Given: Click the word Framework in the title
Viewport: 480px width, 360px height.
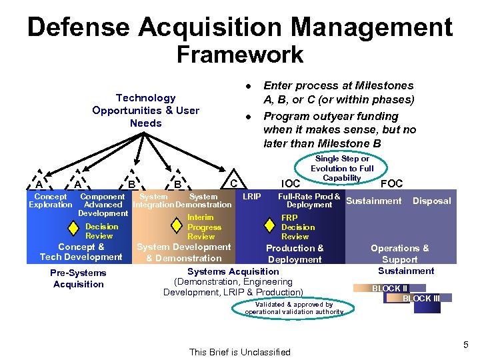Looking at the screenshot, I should [x=239, y=55].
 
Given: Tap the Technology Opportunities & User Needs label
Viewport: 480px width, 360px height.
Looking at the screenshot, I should [x=145, y=111].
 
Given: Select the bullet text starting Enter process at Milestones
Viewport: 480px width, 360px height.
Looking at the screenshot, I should [x=339, y=93].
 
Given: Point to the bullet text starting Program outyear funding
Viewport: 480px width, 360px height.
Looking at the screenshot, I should [x=339, y=129].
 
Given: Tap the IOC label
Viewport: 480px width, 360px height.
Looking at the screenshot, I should [x=291, y=183].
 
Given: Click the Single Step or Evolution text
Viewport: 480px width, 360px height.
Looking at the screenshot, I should [x=342, y=169].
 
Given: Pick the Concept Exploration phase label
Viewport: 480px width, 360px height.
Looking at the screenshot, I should [x=50, y=201].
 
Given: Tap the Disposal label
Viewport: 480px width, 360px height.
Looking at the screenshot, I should [x=431, y=201].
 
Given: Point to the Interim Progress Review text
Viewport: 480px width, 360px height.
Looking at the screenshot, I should [x=201, y=227].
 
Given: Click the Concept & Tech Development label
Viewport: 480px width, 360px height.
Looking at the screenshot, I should [x=81, y=252].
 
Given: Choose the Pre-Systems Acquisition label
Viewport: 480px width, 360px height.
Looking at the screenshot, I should [x=78, y=279].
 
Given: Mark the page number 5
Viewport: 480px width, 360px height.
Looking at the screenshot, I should [x=466, y=345].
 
